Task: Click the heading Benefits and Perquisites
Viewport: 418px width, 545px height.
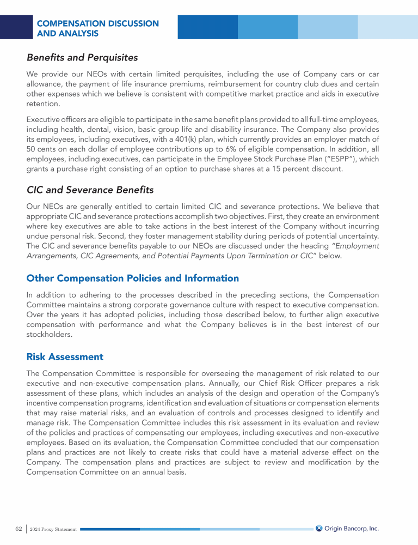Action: point(82,57)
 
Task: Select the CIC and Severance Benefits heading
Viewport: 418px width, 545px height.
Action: point(90,190)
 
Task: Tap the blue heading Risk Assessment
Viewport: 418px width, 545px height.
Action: point(65,357)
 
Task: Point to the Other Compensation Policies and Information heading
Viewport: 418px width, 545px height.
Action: point(132,278)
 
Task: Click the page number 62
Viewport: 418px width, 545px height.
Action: point(18,529)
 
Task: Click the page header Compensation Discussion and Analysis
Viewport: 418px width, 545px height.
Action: point(97,28)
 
